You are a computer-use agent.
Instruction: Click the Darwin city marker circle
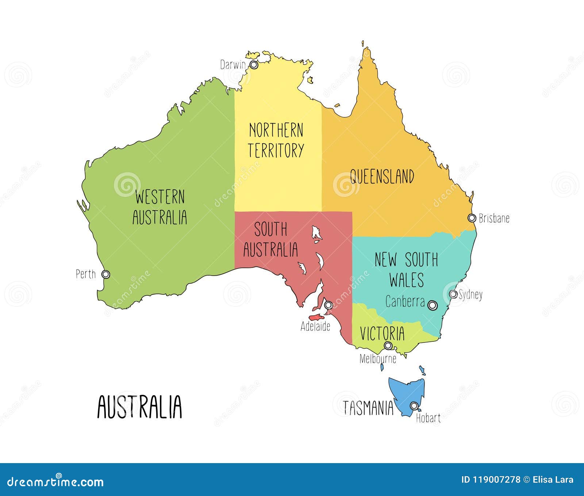pos(254,65)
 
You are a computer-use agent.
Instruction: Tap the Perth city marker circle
pos(106,274)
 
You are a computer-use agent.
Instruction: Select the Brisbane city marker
pos(472,218)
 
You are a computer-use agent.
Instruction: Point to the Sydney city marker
pos(453,294)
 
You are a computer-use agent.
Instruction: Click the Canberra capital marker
pos(433,305)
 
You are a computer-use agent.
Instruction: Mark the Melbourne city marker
pos(388,345)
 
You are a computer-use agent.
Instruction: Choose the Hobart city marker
pos(414,406)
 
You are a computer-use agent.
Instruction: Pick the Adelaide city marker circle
pos(328,304)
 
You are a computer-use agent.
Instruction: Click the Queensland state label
pos(382,176)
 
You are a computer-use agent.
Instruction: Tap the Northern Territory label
pos(276,140)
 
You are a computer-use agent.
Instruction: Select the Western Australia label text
pos(160,207)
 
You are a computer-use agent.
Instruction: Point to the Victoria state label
pos(382,333)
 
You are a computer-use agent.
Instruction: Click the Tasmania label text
pos(368,408)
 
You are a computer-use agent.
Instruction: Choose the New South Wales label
pos(406,269)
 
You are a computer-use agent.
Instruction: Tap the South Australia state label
pos(270,239)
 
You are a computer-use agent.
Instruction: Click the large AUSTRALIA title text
pos(139,406)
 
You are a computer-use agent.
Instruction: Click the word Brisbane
pos(494,218)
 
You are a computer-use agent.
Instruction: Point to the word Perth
pos(86,274)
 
